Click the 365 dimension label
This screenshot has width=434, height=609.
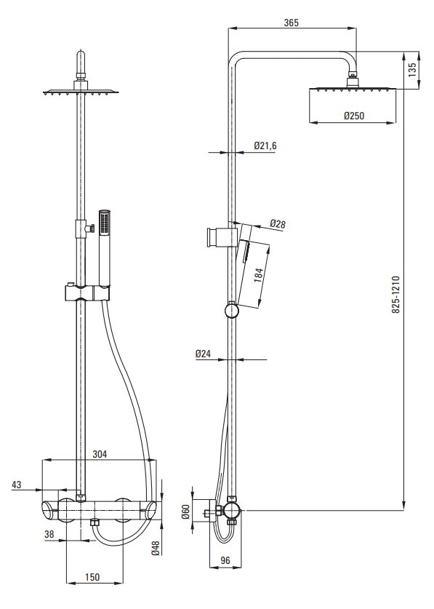pos(291,23)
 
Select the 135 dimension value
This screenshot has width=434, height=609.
pos(412,70)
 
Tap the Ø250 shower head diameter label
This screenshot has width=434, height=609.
pos(354,116)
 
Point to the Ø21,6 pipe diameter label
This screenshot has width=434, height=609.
pos(265,146)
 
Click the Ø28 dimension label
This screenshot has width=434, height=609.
pos(278,224)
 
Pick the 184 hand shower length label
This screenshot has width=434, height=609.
pos(259,274)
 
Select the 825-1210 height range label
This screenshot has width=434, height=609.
pos(395,295)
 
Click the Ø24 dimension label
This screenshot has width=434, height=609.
pos(203,354)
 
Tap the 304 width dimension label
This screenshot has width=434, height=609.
pos(100,453)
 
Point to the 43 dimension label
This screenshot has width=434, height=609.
pos(16,485)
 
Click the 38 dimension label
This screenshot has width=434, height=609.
pos(49,534)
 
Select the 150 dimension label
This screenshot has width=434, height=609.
pos(92,577)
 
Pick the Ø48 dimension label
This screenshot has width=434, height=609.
pos(156,548)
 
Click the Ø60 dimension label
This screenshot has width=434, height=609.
pos(185,512)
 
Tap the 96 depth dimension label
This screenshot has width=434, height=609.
pos(225,560)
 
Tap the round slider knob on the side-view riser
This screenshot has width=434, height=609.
pos(231,311)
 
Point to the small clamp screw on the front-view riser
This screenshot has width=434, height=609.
pos(91,228)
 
